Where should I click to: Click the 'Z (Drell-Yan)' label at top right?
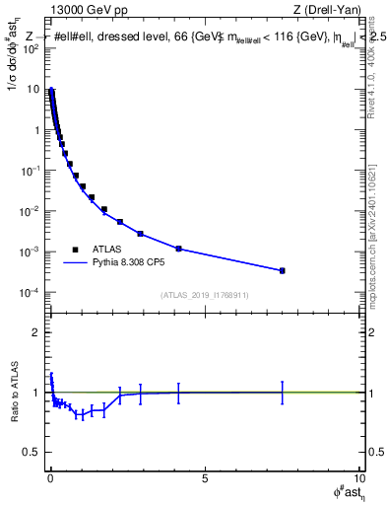click(328, 11)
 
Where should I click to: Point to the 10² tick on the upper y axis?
click(32, 48)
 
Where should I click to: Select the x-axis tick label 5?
click(204, 479)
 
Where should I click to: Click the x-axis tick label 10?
click(357, 479)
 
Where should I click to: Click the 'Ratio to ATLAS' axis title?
click(13, 394)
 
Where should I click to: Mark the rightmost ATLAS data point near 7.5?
click(282, 270)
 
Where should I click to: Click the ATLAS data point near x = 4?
click(178, 249)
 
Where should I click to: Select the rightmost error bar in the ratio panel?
click(282, 392)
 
